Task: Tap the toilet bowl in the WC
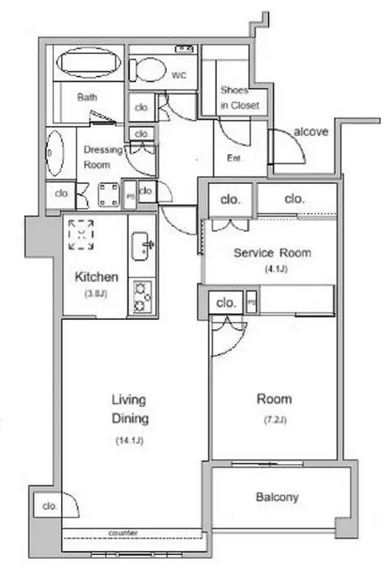(x=148, y=70)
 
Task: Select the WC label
(x=179, y=76)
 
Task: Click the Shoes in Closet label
(x=239, y=97)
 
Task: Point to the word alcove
(x=311, y=131)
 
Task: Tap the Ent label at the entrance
(x=233, y=158)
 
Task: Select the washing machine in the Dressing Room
(x=109, y=195)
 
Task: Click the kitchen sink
(x=141, y=247)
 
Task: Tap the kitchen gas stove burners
(x=142, y=297)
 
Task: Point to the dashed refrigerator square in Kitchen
(x=81, y=234)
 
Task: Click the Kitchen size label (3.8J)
(x=96, y=294)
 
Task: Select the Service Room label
(x=272, y=253)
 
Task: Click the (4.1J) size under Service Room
(x=277, y=269)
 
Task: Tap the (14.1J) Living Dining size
(x=129, y=441)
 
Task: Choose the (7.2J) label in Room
(x=275, y=420)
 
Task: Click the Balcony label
(x=277, y=497)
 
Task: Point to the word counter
(x=123, y=533)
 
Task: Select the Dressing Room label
(x=104, y=157)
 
